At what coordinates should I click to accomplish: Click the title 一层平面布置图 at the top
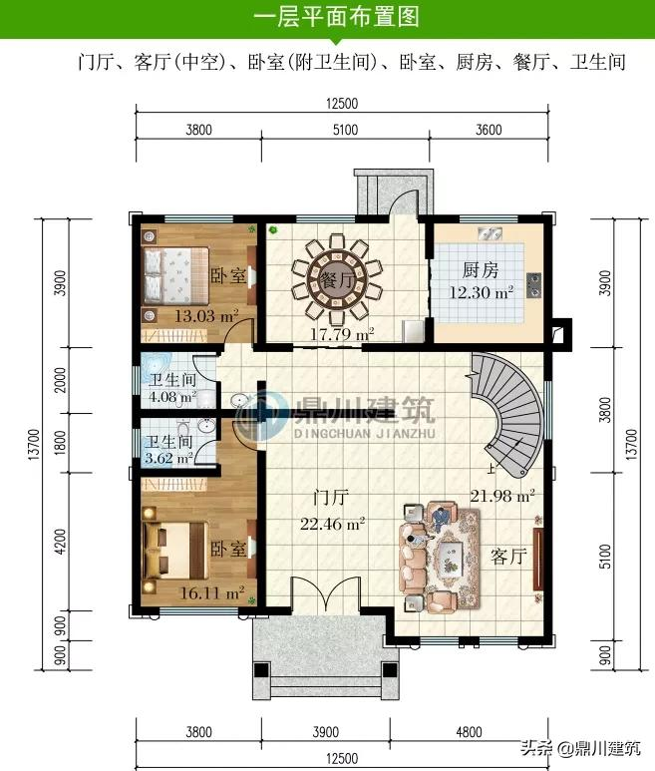tap(336, 17)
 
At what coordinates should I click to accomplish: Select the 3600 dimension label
tap(489, 129)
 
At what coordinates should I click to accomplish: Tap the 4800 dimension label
tap(469, 732)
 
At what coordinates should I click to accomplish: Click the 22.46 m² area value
tap(332, 522)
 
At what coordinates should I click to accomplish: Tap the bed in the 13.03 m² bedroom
tap(176, 275)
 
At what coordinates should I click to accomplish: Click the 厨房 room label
tap(480, 270)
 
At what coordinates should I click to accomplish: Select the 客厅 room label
tap(507, 558)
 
